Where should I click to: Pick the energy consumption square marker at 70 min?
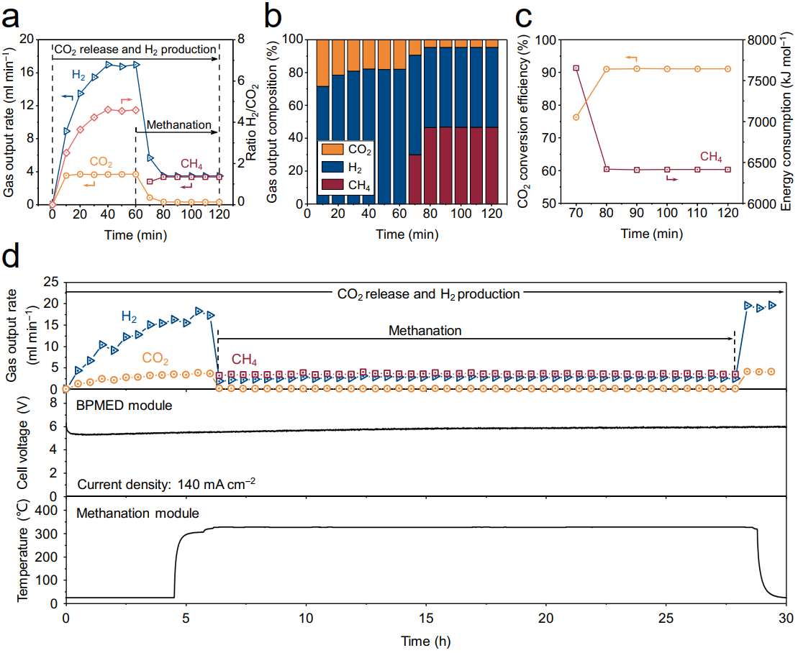[x=576, y=68]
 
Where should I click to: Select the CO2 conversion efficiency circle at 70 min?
[x=576, y=117]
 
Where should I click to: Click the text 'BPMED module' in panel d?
[x=124, y=405]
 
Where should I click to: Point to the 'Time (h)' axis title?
[x=426, y=639]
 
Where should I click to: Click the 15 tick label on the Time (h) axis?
[x=426, y=618]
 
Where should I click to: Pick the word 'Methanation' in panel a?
[x=179, y=124]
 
